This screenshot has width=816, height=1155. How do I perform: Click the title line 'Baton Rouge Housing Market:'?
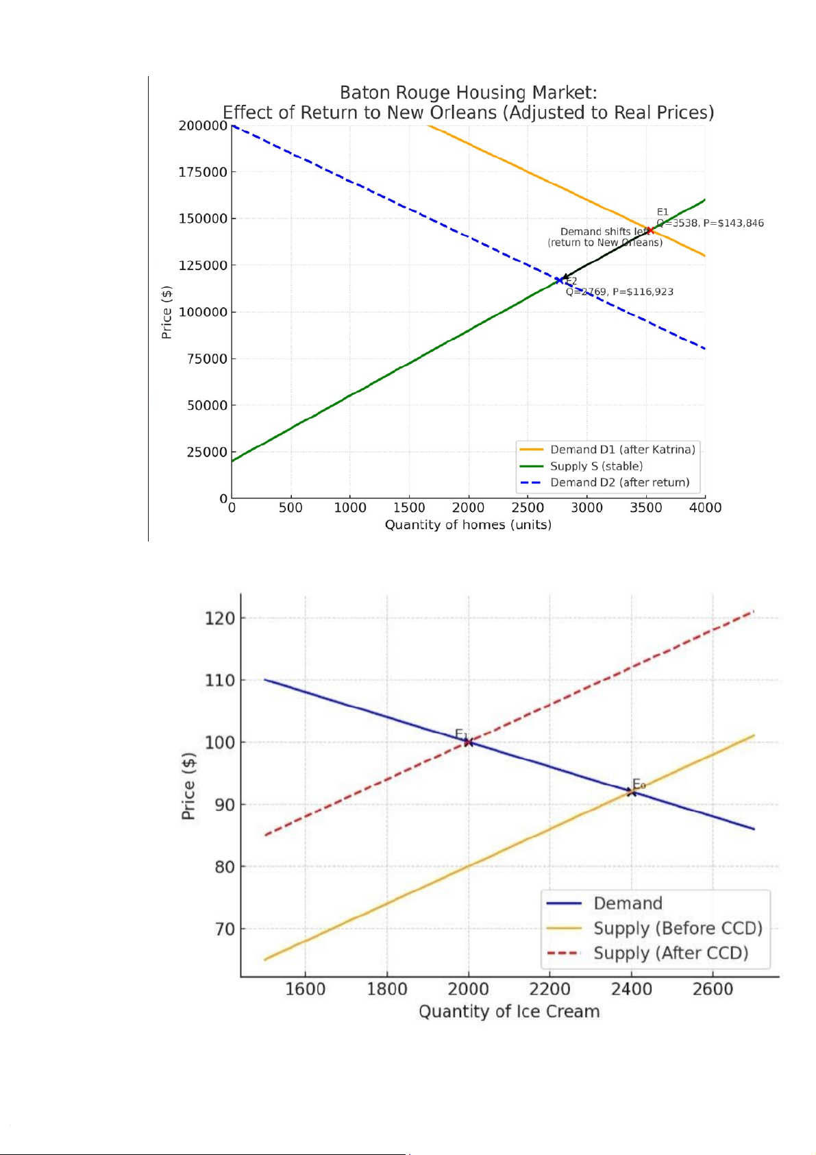coord(468,93)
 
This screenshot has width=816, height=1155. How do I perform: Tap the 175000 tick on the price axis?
coord(203,172)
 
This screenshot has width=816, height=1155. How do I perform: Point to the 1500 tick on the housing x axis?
coord(409,508)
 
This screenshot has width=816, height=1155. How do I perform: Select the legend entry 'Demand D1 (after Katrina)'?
coord(622,450)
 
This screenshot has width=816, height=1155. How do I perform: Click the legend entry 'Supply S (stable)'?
coord(596,466)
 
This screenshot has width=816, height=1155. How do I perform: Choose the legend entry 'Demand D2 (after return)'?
coord(619,483)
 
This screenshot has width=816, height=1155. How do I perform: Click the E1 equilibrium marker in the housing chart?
coord(650,230)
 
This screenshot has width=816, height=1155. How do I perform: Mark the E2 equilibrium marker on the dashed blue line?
coord(560,280)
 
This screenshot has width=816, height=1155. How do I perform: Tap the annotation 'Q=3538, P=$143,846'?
coord(710,223)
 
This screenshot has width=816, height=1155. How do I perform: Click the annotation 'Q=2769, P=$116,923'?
coord(619,292)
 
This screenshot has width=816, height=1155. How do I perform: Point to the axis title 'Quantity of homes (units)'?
coord(468,525)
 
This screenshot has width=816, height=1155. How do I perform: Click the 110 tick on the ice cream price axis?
coord(219,681)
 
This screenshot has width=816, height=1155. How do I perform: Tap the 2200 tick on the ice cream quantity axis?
coord(549,989)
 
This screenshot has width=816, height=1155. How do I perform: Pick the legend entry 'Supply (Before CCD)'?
coord(677,928)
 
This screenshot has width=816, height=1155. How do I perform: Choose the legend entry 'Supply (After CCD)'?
coord(670,953)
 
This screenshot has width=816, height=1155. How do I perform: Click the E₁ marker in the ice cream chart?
coord(469,742)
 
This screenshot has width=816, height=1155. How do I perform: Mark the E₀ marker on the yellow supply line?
coord(631,792)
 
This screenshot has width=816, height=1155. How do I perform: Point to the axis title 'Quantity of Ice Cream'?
coord(509,1012)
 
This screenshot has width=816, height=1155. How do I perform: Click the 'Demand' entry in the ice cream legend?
coord(628,903)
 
